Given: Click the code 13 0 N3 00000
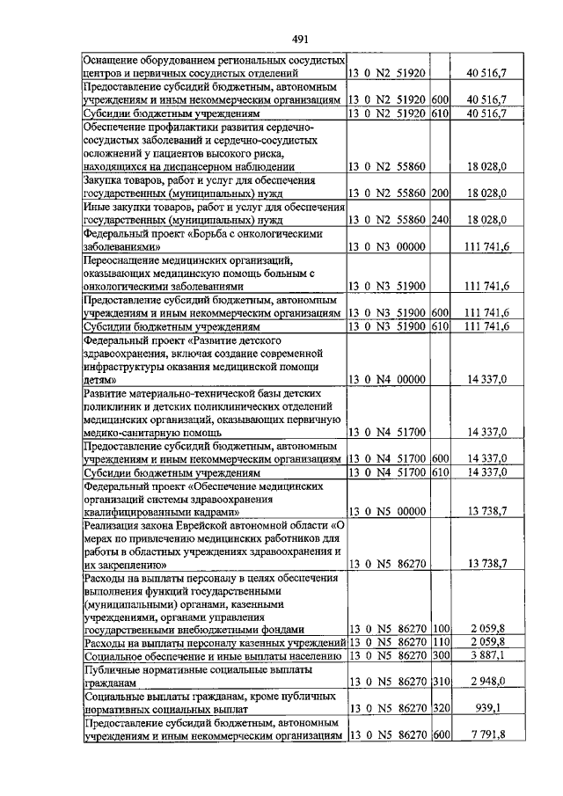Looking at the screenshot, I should [387, 249].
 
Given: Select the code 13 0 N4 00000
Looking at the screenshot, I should [387, 379].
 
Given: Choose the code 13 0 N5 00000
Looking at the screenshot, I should [387, 510].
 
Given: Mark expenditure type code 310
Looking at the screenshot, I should [441, 682].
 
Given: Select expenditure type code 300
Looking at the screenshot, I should [441, 656].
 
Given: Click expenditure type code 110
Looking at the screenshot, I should [441, 643].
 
